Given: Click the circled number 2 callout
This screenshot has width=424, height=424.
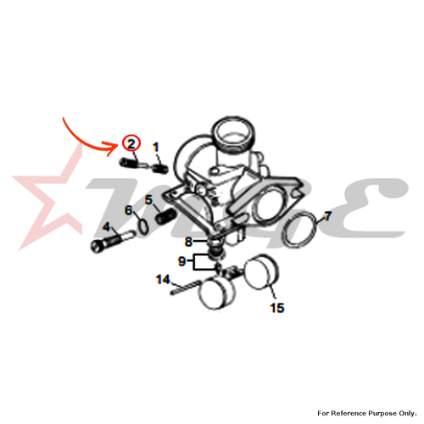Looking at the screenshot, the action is tap(131, 143).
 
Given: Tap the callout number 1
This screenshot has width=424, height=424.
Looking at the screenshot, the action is tap(156, 148).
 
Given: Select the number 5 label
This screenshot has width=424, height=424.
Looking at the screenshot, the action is tap(148, 200).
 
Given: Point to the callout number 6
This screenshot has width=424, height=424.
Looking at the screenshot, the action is tap(129, 210).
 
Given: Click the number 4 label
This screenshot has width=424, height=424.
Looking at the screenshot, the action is tap(106, 226).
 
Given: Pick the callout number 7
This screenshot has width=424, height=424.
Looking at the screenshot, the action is tap(327, 216).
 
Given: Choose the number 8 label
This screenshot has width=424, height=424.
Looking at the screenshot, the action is tap(188, 242).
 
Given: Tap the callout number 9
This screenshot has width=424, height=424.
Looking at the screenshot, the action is tap(181, 261).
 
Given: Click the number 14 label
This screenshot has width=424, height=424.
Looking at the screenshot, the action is tap(163, 280).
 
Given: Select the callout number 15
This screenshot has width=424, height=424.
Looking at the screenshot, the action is tap(277, 308).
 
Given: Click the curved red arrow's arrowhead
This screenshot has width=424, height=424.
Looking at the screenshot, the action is tap(113, 148).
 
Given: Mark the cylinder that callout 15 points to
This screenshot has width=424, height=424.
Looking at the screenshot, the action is tap(261, 272).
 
